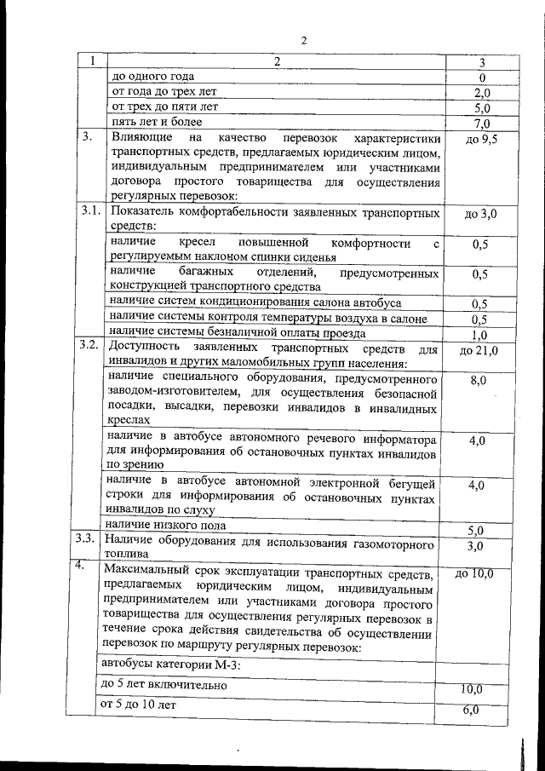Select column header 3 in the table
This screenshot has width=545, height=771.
pos(481,63)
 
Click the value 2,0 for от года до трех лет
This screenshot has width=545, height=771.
pos(481,94)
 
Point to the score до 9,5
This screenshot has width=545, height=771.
pos(481,139)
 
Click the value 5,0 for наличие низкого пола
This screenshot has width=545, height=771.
pos(479,530)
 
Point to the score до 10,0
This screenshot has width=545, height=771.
pos(474,573)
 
